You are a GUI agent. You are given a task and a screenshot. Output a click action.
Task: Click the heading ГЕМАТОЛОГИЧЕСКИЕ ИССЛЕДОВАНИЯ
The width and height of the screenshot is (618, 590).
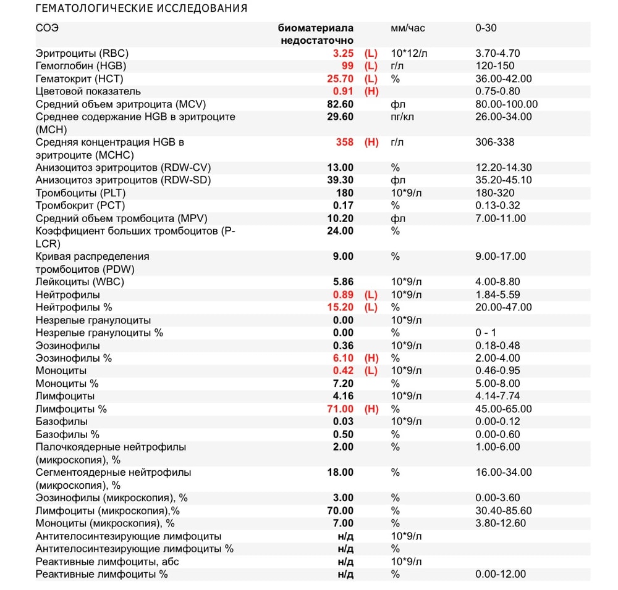pos(142,9)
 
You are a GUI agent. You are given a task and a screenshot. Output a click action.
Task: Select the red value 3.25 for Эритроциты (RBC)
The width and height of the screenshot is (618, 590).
pos(343,53)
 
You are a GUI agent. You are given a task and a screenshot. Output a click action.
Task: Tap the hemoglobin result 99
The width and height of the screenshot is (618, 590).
pos(347,66)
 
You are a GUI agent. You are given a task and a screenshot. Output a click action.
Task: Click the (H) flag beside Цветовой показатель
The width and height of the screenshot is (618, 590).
pos(371,91)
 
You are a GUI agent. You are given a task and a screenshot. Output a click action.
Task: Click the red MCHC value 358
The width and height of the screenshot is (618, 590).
pos(345,142)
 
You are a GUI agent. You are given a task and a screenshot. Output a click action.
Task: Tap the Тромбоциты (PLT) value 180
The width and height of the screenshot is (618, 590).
pos(345,193)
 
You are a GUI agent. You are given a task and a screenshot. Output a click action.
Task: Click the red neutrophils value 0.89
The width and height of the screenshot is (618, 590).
pos(343,294)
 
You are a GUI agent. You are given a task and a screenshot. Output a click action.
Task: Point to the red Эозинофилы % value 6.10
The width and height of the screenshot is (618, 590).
pos(343,358)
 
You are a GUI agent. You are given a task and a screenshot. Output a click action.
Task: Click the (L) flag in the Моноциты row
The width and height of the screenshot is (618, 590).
pos(371,370)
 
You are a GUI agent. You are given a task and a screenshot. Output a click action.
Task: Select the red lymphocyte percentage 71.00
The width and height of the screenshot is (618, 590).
pos(341,409)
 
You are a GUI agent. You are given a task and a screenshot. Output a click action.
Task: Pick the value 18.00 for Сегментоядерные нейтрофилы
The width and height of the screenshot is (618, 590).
pos(341,472)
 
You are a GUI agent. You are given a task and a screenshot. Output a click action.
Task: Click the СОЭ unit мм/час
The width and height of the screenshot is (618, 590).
pos(408,28)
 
